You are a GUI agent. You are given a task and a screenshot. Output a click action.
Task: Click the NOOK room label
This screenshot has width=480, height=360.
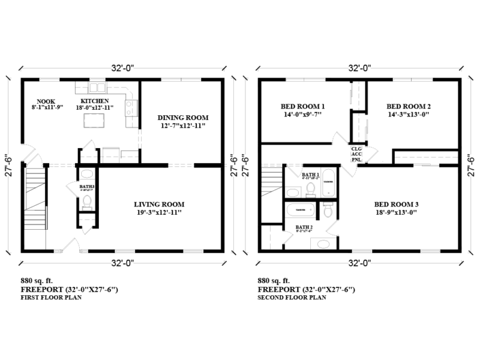point(46,101)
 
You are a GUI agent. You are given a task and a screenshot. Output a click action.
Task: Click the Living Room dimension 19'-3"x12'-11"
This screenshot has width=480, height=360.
point(158,212)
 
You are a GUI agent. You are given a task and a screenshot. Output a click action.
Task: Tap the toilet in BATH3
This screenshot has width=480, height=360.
point(86,201)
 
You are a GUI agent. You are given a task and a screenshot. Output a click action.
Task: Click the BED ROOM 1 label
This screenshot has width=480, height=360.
point(302,106)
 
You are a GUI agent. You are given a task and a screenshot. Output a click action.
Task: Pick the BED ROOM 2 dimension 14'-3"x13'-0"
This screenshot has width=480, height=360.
point(409,114)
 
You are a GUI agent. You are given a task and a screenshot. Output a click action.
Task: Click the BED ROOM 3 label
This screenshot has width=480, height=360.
point(395,203)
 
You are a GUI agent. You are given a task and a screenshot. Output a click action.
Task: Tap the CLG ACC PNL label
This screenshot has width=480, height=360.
point(356,154)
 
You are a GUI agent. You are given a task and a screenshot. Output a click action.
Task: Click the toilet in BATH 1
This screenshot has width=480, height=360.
point(310,188)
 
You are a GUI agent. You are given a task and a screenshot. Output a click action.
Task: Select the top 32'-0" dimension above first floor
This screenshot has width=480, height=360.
point(123,68)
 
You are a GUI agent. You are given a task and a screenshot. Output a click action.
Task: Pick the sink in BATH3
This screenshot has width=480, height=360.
point(86,175)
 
